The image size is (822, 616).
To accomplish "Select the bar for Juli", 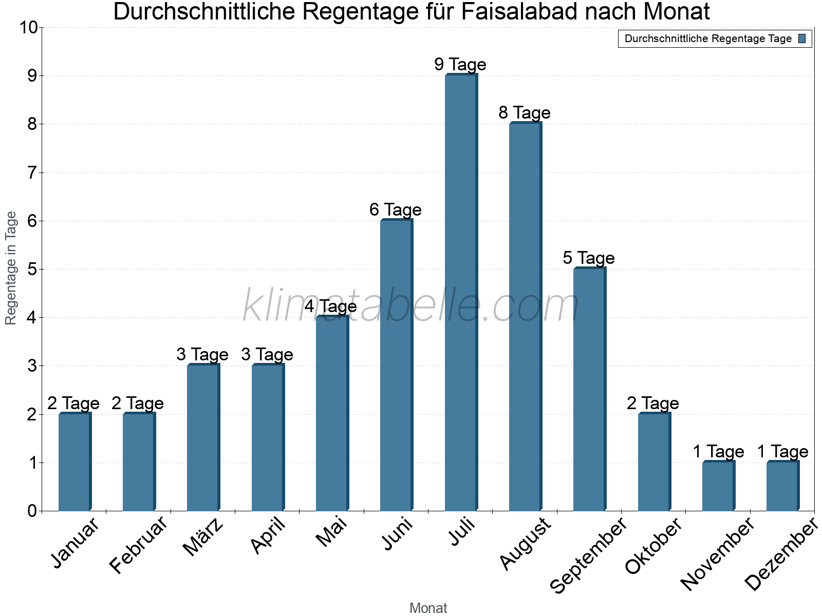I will point(461,293).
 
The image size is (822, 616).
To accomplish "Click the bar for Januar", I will point(74,462).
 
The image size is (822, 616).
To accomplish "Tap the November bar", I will point(718,486).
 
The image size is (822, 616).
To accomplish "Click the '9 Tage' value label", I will point(460,65).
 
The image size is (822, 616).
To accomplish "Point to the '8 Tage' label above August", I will point(524,113).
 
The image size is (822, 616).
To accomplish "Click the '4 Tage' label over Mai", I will point(330,306).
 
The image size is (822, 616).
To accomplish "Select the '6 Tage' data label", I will point(395,210).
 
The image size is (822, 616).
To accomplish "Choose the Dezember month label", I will point(781,554).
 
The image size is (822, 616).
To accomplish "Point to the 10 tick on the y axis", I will point(28,28).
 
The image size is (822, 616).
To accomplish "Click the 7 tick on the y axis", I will point(32,173).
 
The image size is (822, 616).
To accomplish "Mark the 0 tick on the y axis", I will point(32,511).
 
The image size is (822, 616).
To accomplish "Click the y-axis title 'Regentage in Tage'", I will point(11,268).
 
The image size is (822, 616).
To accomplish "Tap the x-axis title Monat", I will point(428,608).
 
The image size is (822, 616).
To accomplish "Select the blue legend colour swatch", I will point(802,38).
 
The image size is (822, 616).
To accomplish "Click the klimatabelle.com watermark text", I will point(411,306).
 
